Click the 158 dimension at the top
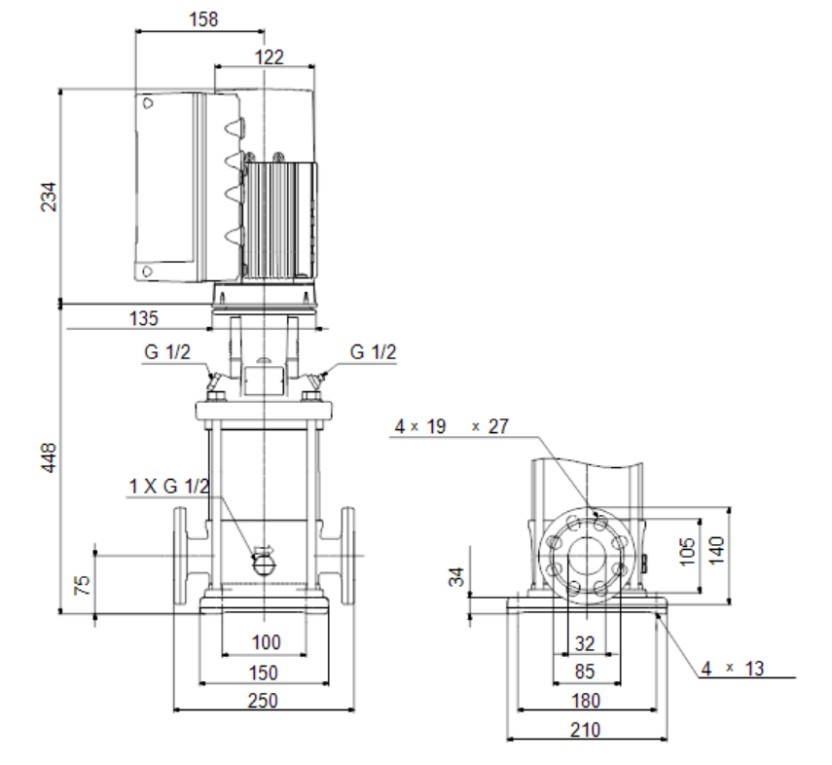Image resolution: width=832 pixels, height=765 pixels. click(x=203, y=19)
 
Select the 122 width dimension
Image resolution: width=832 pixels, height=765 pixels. click(x=270, y=57)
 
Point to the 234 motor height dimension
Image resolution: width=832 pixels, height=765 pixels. click(x=49, y=197)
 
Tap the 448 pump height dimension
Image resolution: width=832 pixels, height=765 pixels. click(x=49, y=457)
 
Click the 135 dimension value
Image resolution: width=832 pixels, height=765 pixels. click(x=144, y=318)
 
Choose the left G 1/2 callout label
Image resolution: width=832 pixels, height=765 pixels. click(x=166, y=352)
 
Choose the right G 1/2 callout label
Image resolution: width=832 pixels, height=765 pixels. click(x=373, y=352)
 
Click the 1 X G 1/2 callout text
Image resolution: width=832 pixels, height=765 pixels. click(x=169, y=486)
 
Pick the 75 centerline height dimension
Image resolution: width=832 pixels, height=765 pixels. click(x=82, y=585)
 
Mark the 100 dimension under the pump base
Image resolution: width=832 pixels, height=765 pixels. click(x=266, y=642)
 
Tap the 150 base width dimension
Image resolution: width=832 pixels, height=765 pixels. click(x=263, y=674)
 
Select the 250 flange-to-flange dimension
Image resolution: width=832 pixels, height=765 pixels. click(x=263, y=701)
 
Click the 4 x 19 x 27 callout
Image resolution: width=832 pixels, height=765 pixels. click(x=452, y=426)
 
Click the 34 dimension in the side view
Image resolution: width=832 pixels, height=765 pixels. click(x=456, y=577)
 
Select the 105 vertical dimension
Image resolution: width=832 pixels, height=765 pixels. click(x=687, y=552)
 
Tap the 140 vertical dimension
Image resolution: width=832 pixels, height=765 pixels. click(x=716, y=551)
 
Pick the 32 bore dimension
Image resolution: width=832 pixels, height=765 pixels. click(x=585, y=644)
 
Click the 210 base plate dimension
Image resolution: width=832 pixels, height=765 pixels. click(x=585, y=731)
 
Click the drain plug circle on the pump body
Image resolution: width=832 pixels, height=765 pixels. click(x=263, y=565)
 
